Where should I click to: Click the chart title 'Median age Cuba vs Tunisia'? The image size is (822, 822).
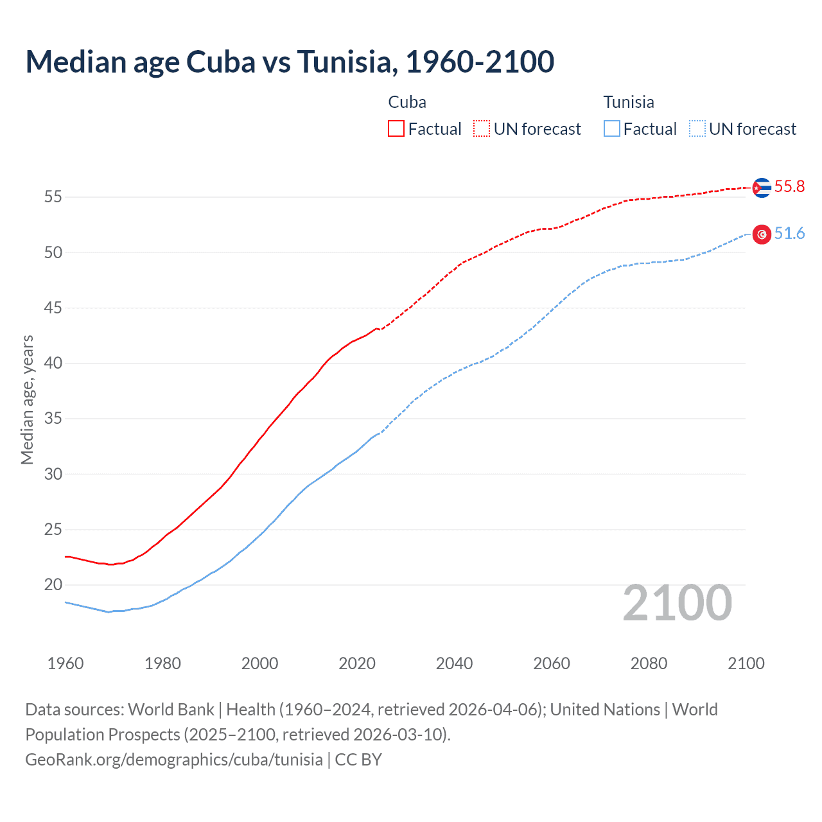(290, 62)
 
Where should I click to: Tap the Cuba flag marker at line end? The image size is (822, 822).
(762, 188)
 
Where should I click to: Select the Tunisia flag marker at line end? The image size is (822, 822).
(762, 234)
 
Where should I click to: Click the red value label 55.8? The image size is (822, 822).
(789, 187)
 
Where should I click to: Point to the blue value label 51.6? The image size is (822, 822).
(789, 234)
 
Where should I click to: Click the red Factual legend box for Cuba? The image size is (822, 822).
(396, 129)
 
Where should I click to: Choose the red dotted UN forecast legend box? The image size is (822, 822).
(482, 129)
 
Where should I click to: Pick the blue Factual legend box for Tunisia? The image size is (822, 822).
(611, 129)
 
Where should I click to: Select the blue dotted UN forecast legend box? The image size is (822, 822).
(697, 129)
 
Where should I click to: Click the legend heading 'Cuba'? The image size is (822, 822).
(407, 102)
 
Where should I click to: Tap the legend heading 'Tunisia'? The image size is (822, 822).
(629, 102)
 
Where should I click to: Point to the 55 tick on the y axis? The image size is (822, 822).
(53, 197)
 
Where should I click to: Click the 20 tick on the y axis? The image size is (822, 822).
(53, 585)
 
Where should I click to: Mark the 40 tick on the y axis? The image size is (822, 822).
(53, 363)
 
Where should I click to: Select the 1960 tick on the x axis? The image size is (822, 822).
(66, 663)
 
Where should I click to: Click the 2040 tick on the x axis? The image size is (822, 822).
(454, 663)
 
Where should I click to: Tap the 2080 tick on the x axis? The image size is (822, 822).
(649, 663)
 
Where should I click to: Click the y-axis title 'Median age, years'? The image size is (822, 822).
(27, 399)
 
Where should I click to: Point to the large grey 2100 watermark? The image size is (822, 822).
(678, 603)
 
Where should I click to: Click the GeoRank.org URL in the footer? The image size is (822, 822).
(174, 760)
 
